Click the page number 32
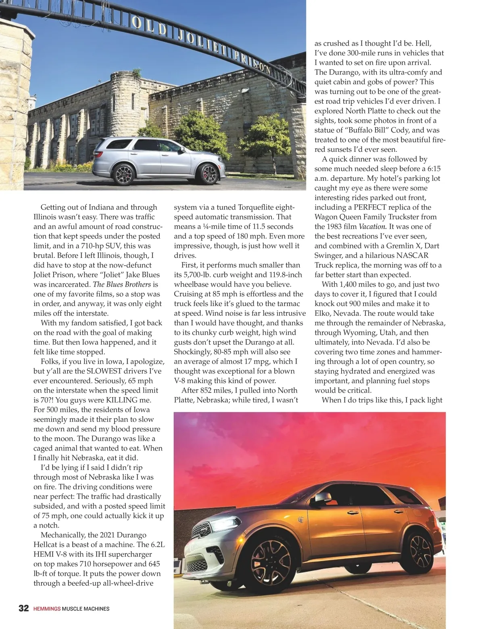pyautogui.click(x=24, y=608)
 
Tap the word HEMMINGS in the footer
pyautogui.click(x=47, y=609)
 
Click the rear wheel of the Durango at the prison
pyautogui.click(x=124, y=173)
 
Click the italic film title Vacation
pyautogui.click(x=373, y=226)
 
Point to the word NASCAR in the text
pyautogui.click(x=412, y=256)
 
